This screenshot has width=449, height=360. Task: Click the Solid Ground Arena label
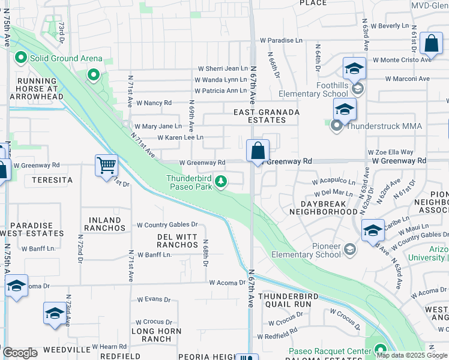tap(56, 58)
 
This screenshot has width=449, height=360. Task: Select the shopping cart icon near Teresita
tap(106, 164)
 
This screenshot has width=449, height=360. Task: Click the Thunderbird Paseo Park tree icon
tap(221, 180)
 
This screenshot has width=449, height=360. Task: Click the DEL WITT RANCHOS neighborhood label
tap(178, 241)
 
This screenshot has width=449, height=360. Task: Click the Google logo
tap(20, 353)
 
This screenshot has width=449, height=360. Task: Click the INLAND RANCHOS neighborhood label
tap(104, 224)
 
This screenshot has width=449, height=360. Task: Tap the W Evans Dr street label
tap(154, 299)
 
